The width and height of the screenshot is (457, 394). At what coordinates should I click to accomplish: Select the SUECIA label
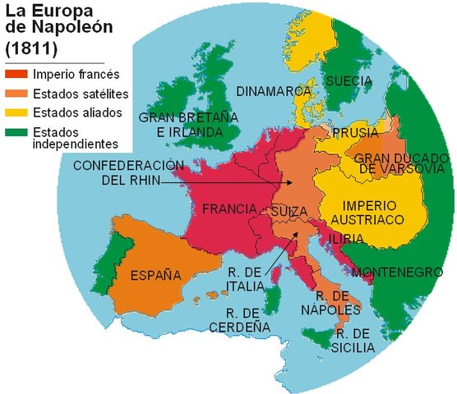click(x=349, y=81)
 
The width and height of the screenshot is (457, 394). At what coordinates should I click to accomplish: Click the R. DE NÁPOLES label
click(x=338, y=301)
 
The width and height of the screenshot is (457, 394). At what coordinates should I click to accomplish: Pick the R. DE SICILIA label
click(x=355, y=341)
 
